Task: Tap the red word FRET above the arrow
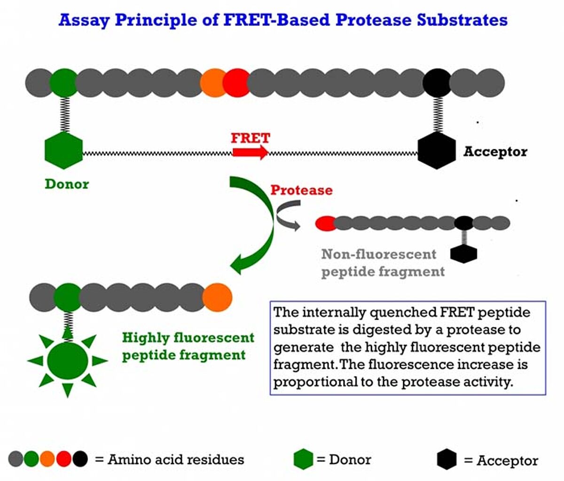coord(251,138)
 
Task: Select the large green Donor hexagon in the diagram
coord(63,150)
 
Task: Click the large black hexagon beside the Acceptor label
coord(437,150)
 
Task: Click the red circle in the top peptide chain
coord(236,83)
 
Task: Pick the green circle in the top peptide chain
coord(63,83)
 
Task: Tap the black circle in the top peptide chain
coord(437,83)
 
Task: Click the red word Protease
coord(302,190)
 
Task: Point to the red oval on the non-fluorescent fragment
coord(326,223)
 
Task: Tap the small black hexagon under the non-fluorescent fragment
coord(463,254)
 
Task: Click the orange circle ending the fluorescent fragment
coord(217,297)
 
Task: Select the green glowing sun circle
coord(67,361)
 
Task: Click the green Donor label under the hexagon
coord(67,184)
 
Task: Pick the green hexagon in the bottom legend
coord(303,459)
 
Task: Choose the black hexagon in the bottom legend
coord(446,459)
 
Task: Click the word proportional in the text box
coord(315,382)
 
